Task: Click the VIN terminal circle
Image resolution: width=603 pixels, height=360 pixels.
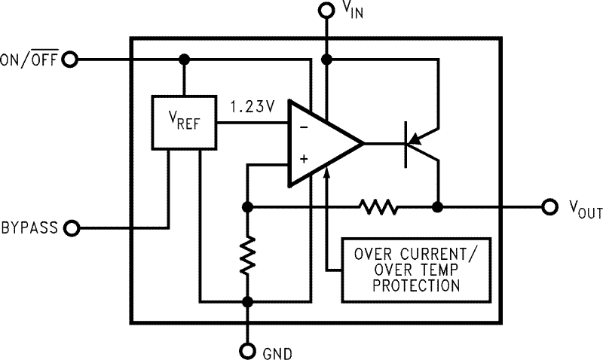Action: pos(326,11)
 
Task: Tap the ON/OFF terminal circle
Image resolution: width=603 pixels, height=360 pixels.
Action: pos(70,59)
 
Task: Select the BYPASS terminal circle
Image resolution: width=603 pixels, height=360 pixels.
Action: pos(72,228)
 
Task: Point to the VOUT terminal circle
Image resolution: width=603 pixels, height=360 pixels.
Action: pos(550,207)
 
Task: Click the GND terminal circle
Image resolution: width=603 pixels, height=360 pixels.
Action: pos(248,350)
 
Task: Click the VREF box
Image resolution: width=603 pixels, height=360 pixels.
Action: pos(184,122)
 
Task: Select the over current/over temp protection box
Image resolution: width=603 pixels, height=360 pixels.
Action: pos(417,270)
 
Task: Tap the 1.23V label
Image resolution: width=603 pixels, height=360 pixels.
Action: pos(253,107)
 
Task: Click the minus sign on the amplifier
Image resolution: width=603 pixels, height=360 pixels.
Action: pos(304,127)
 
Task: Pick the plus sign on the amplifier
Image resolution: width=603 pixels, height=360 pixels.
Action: pos(304,159)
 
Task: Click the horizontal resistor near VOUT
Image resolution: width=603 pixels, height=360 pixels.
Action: pos(379,207)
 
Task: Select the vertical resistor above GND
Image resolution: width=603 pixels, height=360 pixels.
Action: pos(248,255)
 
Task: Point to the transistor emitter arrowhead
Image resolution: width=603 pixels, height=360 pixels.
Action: pos(415,139)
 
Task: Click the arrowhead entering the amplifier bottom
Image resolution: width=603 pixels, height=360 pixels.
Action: pos(327,172)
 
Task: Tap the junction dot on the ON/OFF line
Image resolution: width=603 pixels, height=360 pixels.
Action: pos(185,59)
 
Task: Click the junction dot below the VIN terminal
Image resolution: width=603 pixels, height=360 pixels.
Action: pos(326,59)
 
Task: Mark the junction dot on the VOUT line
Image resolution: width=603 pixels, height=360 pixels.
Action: pos(438,207)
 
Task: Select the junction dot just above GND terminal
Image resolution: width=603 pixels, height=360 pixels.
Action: pos(248,302)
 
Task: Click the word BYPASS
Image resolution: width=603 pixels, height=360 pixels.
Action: pos(29,228)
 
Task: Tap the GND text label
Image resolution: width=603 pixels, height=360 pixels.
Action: pos(277,353)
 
